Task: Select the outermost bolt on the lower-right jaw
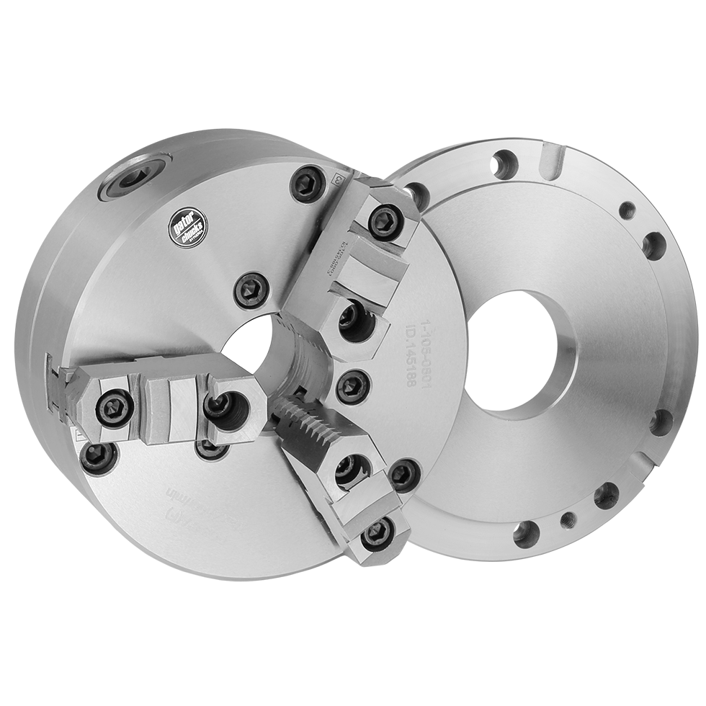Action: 376,534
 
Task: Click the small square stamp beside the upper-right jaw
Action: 336,178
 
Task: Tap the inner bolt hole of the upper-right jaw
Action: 352,316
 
